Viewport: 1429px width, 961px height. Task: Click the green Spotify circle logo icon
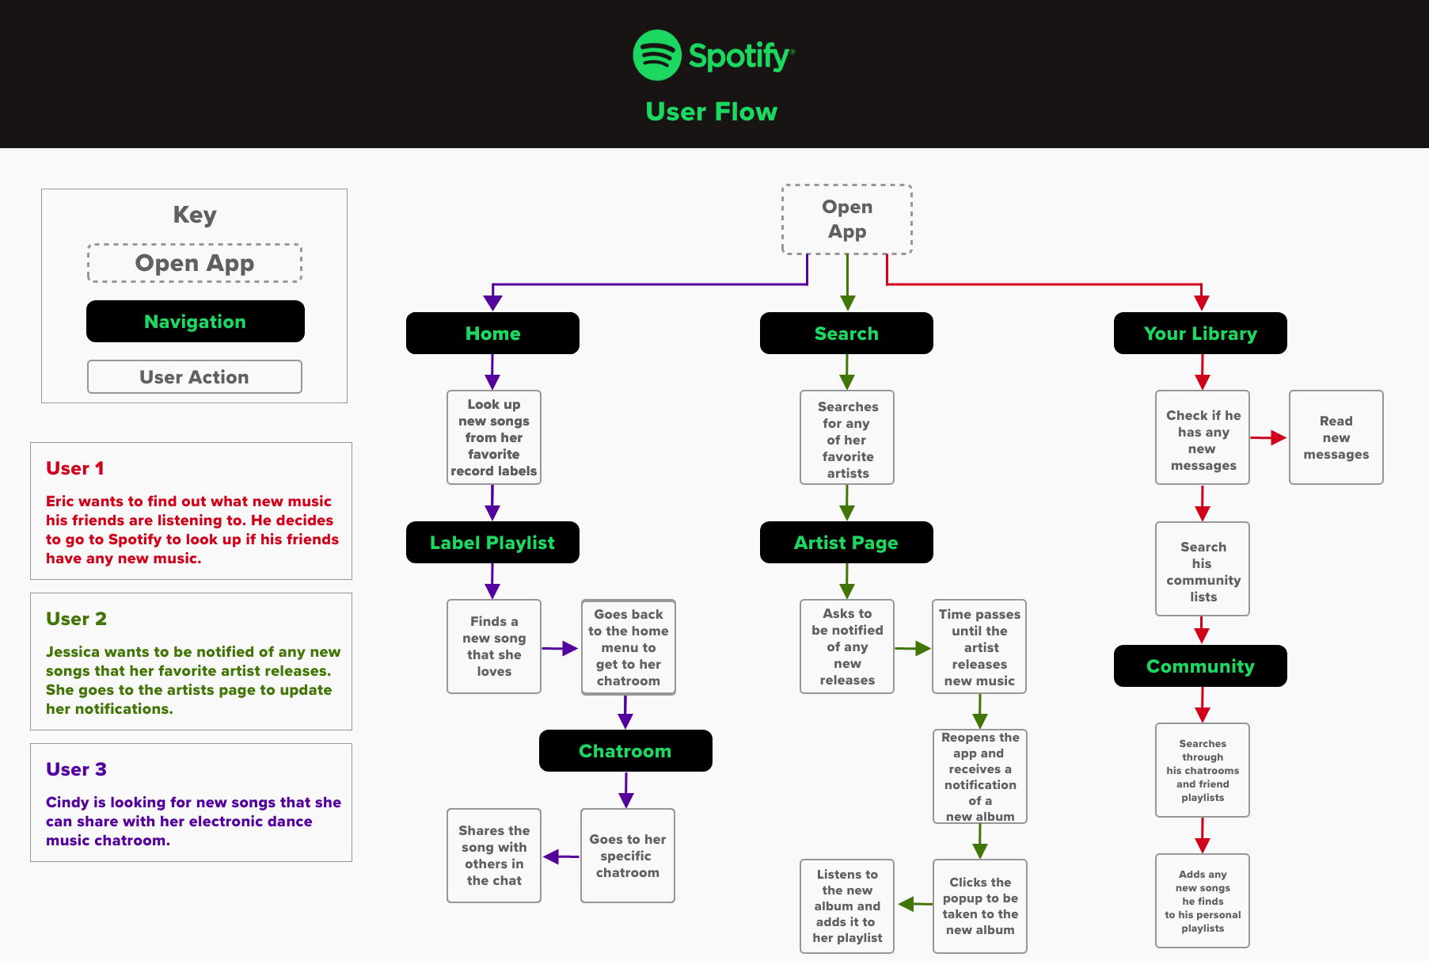coord(657,55)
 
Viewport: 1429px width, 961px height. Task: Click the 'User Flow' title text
coord(711,112)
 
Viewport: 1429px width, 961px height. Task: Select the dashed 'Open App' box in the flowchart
coord(846,219)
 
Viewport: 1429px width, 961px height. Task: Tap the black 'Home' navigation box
coord(492,334)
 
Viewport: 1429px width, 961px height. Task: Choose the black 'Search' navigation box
coord(846,334)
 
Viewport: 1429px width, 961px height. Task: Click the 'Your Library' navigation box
coord(1200,334)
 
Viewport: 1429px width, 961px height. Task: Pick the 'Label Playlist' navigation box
coord(492,543)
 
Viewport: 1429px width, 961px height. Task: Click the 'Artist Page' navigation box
coord(846,543)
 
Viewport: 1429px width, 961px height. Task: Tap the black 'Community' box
coord(1200,666)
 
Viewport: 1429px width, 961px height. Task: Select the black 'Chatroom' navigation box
coord(625,751)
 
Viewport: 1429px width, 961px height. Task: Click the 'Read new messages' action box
coord(1336,437)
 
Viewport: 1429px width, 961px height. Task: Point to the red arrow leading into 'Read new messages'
coord(1269,437)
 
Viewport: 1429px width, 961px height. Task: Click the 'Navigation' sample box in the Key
coord(195,322)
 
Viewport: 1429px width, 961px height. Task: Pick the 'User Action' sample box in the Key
coord(194,377)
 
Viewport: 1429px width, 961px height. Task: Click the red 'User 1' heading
coord(75,468)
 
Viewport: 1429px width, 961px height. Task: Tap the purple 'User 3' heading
coord(76,769)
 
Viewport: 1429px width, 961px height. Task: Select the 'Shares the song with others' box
coord(494,856)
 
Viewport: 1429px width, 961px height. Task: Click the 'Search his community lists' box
coord(1203,569)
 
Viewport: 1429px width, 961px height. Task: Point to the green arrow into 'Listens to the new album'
coord(914,904)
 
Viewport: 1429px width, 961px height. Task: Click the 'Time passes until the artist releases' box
coord(979,646)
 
